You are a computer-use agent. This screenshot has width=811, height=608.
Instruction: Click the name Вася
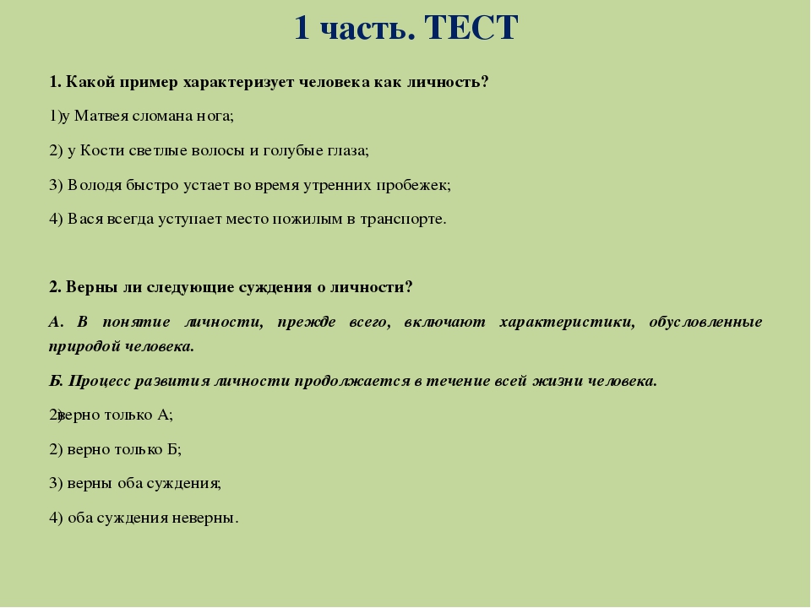click(85, 220)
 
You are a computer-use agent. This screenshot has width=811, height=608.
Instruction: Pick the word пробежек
click(413, 185)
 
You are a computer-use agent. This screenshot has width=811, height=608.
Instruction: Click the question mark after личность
click(484, 82)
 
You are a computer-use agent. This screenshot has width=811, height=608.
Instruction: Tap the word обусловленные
click(705, 322)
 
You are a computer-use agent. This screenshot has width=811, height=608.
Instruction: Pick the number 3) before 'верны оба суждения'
click(56, 483)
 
